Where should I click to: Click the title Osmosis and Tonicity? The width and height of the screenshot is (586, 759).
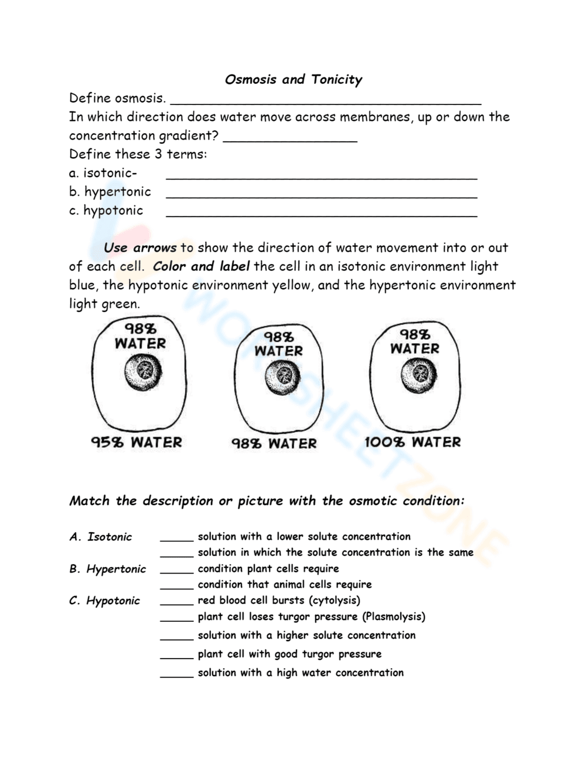click(x=293, y=79)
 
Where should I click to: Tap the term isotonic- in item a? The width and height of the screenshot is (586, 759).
click(x=103, y=173)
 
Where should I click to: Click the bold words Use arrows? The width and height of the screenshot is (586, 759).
click(x=140, y=248)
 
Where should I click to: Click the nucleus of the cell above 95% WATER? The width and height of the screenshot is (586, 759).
click(x=143, y=372)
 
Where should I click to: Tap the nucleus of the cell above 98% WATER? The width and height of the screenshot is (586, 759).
click(x=283, y=376)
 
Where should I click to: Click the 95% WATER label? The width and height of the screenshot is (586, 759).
click(x=137, y=442)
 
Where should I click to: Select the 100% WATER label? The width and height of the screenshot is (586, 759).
click(x=413, y=442)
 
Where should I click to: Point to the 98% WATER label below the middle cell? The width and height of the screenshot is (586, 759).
click(x=274, y=443)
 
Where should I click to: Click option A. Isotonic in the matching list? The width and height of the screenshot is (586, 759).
click(x=101, y=537)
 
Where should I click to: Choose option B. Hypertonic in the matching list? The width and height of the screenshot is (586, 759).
click(x=107, y=569)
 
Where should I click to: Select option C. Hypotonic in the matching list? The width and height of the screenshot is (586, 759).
click(x=104, y=601)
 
